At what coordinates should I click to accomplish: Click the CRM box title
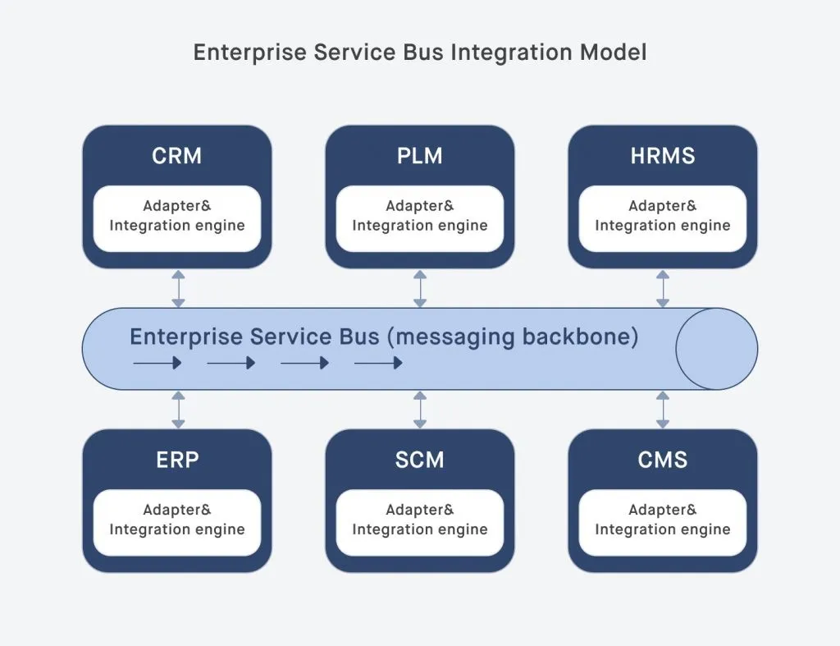coord(177,156)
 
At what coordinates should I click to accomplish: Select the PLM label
coord(420,156)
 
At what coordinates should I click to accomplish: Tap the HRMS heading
coord(663,156)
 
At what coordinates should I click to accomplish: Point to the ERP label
coord(177,460)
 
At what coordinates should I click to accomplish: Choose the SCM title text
coord(420,460)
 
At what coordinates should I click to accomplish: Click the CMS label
coord(663,460)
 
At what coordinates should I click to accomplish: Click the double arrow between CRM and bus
coord(178,288)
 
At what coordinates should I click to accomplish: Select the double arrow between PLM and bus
coord(420,288)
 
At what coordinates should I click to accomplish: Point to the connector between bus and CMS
coord(663,409)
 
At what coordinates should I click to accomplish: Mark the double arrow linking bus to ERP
coord(178,409)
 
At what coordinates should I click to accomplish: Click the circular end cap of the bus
coord(716,349)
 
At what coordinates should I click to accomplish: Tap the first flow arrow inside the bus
coord(157,363)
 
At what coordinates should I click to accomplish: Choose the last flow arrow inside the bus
coord(378,363)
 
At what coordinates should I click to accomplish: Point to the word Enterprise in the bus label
coord(186,337)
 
